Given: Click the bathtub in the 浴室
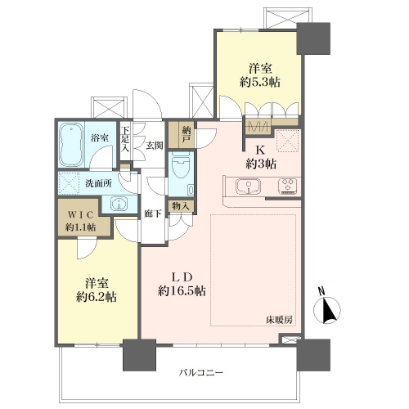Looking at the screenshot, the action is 71,145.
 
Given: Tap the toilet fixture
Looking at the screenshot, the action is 181,165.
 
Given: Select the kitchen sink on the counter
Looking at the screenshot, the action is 248,187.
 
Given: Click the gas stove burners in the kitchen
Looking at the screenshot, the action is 288,186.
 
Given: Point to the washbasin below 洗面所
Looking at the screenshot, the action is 119,204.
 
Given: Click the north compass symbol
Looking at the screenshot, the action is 327,307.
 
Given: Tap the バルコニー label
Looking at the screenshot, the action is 201,372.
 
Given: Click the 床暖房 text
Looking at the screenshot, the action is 280,320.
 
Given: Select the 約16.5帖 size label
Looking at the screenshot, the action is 182,291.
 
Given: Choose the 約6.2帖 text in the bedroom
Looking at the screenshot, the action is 97,297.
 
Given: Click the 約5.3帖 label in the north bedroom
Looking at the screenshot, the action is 260,82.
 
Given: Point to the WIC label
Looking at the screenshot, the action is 80,215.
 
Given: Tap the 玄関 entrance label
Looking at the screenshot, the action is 155,146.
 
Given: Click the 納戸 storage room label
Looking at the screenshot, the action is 187,135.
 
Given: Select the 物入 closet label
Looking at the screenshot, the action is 181,206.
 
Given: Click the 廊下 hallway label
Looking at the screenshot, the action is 153,214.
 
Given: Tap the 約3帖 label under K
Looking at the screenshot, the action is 261,164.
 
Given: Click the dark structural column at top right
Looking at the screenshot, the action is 313,38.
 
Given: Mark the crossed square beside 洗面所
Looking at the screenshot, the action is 68,183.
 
